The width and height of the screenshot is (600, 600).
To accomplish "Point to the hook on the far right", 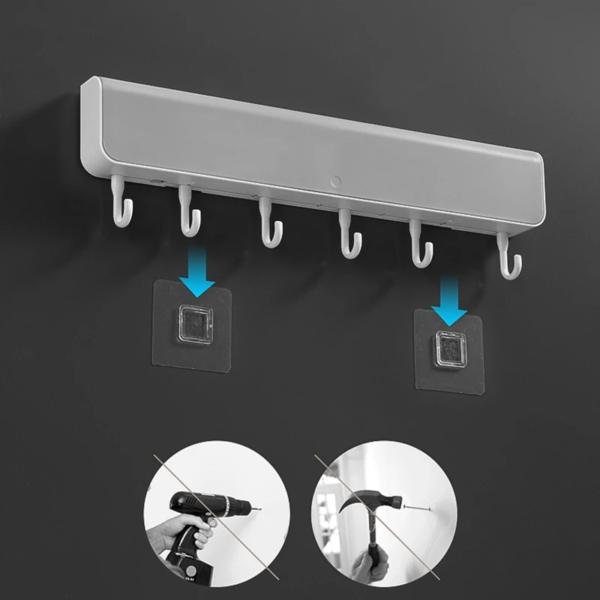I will coord(509,258).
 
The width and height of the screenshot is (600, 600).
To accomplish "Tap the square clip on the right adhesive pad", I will coord(452,349).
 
